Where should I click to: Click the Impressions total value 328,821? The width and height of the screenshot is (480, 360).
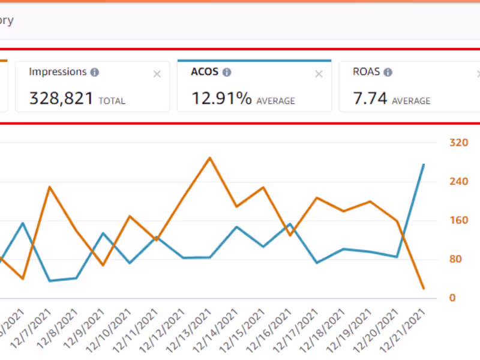(x=61, y=98)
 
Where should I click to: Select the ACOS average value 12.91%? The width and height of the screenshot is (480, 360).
(x=221, y=98)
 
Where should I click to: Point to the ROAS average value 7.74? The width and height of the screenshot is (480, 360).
(x=370, y=98)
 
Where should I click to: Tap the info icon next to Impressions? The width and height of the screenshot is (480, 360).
(x=95, y=72)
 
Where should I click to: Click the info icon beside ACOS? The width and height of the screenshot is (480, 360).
(x=227, y=72)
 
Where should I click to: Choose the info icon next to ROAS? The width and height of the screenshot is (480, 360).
(x=388, y=72)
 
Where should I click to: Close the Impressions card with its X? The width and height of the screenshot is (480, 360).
(x=157, y=74)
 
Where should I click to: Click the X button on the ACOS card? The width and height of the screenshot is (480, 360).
(x=319, y=74)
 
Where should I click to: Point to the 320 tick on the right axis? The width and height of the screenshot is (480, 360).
(x=458, y=143)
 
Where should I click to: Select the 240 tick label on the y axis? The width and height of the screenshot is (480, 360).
(x=458, y=182)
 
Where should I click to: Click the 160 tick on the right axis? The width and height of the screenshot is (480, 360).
(x=458, y=220)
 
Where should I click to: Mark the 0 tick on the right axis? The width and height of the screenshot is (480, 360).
(x=453, y=298)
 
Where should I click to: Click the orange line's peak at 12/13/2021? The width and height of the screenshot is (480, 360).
(x=209, y=158)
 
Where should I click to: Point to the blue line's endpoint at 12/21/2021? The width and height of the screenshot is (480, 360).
(x=424, y=164)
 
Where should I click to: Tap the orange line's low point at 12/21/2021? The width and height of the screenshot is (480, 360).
(x=424, y=289)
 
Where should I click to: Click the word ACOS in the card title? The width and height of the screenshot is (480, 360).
(x=205, y=72)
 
